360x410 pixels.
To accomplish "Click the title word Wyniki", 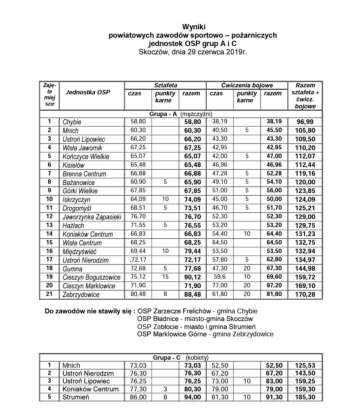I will (194, 27).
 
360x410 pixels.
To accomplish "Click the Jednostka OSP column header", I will (88, 92).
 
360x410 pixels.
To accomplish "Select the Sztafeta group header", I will (165, 85).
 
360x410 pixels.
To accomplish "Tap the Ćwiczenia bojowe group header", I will (247, 85).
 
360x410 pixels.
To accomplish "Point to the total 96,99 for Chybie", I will (305, 122).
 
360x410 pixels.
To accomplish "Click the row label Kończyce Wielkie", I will (86, 157).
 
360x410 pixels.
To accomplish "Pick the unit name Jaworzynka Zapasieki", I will (92, 217).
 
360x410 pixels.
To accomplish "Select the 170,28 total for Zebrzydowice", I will (305, 295).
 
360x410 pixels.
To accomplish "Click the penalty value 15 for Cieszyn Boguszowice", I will (165, 277).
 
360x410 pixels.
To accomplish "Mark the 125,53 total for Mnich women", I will (305, 366).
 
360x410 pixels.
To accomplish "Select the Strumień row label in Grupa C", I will (76, 397).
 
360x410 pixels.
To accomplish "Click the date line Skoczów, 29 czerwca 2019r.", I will (193, 52).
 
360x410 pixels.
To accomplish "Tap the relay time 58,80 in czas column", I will (138, 122).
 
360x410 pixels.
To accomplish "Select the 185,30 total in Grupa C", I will (305, 397).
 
